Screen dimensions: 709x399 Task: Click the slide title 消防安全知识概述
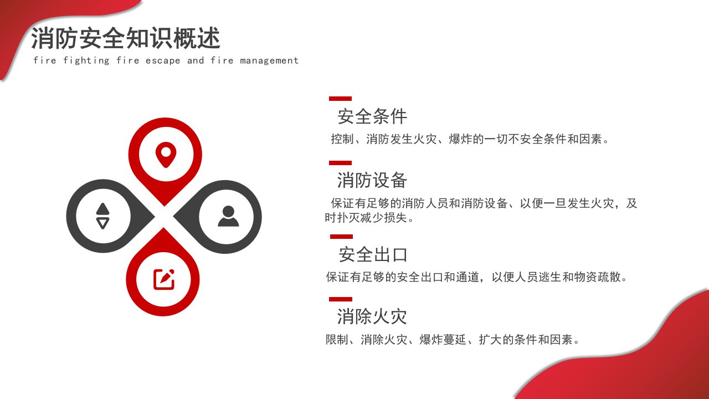[x=126, y=38]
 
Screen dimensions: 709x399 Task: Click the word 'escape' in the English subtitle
[x=163, y=60]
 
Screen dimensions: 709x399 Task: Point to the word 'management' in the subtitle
[x=269, y=60]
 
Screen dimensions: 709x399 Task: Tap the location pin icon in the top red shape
[x=166, y=155]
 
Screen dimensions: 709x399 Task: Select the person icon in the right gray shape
[x=228, y=216]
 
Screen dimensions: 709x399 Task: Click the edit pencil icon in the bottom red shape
[x=164, y=279]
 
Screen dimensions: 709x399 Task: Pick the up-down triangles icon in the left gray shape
[x=103, y=216]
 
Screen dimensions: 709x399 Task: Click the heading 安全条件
[x=372, y=116]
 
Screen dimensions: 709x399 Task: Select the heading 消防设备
[x=372, y=180]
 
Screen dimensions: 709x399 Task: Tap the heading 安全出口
[x=373, y=254]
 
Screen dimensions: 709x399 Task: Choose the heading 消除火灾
[x=372, y=316]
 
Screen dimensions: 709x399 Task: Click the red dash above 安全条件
[x=340, y=99]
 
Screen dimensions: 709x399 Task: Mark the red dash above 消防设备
[x=340, y=163]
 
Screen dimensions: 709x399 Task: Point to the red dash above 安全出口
[x=341, y=237]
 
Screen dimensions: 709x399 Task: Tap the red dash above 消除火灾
[x=341, y=299]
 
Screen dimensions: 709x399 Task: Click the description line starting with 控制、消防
[x=470, y=139]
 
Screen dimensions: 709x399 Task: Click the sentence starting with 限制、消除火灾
[x=453, y=340]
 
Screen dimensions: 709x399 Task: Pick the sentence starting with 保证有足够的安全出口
[x=476, y=277]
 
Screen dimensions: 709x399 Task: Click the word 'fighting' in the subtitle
[x=86, y=60]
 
